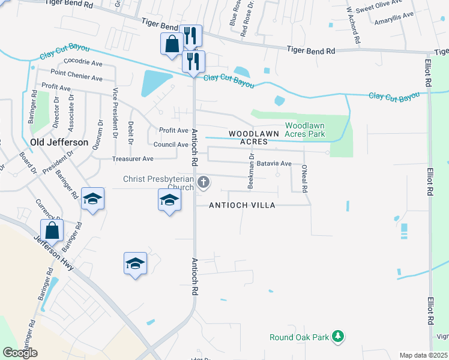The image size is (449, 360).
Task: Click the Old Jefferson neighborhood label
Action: pyautogui.click(x=59, y=142)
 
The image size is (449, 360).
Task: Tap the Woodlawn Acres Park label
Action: pyautogui.click(x=305, y=130)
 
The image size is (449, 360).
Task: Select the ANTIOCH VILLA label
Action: pyautogui.click(x=242, y=205)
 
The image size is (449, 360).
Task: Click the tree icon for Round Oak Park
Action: pyautogui.click(x=339, y=337)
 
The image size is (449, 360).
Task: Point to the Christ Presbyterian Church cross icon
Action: pyautogui.click(x=203, y=182)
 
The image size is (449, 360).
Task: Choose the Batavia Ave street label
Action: pyautogui.click(x=274, y=163)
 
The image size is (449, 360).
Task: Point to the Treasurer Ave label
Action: pyautogui.click(x=133, y=159)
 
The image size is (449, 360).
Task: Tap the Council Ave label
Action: pyautogui.click(x=171, y=145)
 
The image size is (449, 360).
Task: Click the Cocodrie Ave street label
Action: pyautogui.click(x=83, y=62)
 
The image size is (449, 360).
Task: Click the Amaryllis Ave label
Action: pyautogui.click(x=394, y=15)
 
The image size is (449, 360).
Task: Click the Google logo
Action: pyautogui.click(x=20, y=353)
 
